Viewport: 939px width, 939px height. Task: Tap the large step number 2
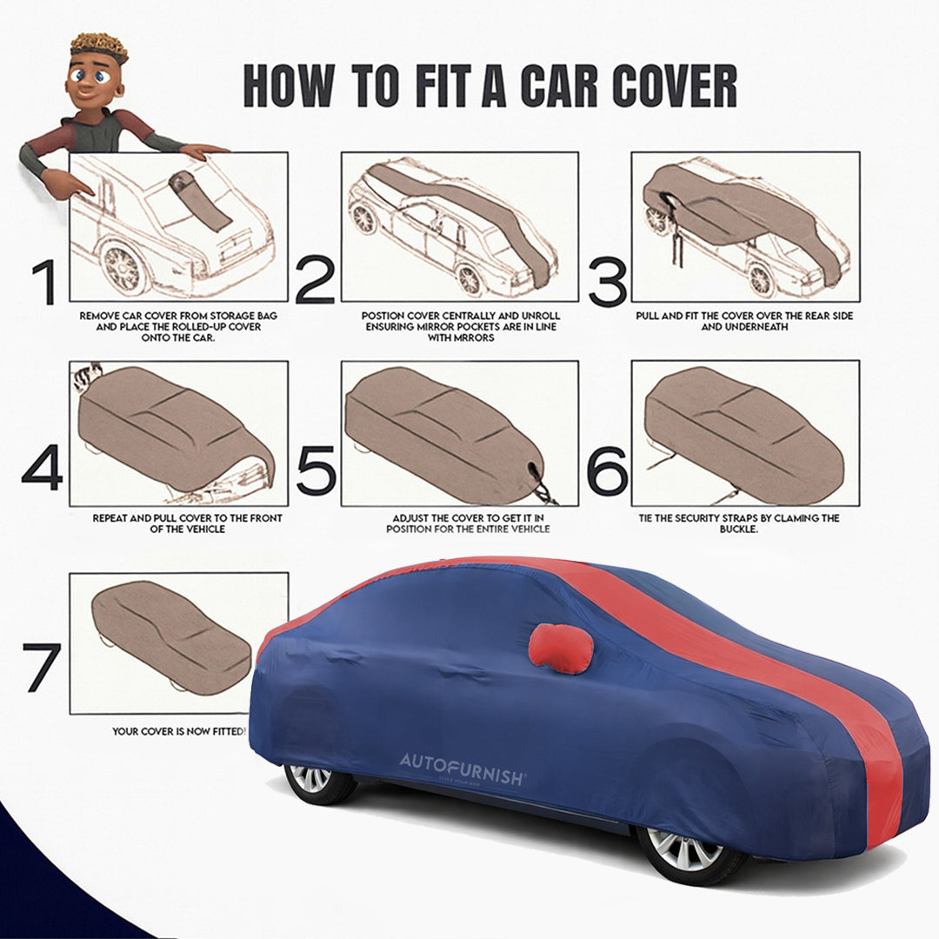[315, 281]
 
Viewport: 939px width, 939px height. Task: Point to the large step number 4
[42, 470]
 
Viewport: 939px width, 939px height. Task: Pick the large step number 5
[315, 470]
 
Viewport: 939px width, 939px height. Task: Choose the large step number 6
[607, 470]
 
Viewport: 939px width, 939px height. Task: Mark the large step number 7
[42, 668]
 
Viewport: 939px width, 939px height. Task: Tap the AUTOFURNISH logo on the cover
[462, 762]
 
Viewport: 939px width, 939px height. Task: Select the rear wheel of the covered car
[313, 779]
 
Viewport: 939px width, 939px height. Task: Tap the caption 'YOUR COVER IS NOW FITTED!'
[178, 731]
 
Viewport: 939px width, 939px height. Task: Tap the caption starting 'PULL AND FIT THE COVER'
[745, 321]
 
